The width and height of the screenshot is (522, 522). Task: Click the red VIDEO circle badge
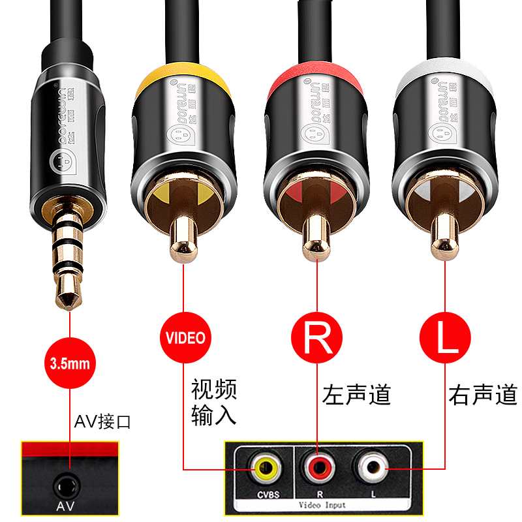185,338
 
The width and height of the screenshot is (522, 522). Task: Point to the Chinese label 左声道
356,395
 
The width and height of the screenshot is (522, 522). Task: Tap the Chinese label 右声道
483,395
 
